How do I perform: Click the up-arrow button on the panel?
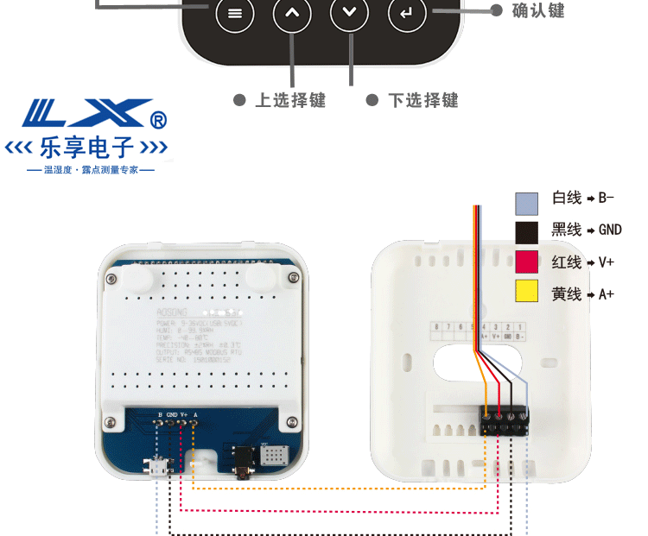(292, 14)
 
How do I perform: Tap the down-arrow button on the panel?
(349, 14)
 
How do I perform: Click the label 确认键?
(537, 10)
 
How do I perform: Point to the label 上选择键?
(290, 100)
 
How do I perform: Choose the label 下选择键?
(423, 100)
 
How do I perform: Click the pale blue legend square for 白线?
(527, 203)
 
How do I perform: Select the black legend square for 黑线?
(527, 232)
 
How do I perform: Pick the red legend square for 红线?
(527, 262)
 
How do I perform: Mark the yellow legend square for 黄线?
(527, 292)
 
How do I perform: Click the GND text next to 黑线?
(609, 230)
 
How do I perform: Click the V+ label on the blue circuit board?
(184, 414)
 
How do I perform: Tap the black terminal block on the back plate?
(505, 419)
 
